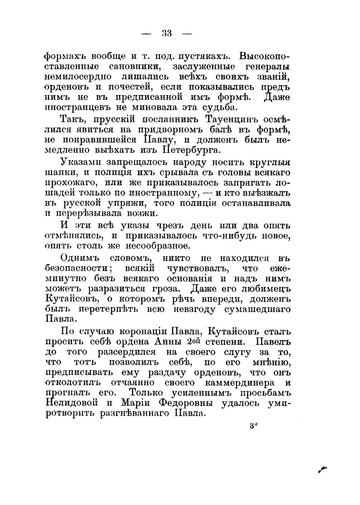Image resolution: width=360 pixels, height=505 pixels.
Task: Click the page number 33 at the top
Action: click(x=166, y=33)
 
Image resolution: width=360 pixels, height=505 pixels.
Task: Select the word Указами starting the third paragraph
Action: click(x=80, y=163)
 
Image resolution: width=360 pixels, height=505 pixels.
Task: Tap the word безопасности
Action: click(x=77, y=269)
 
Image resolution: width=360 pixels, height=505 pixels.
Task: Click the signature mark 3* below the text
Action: click(x=254, y=426)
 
